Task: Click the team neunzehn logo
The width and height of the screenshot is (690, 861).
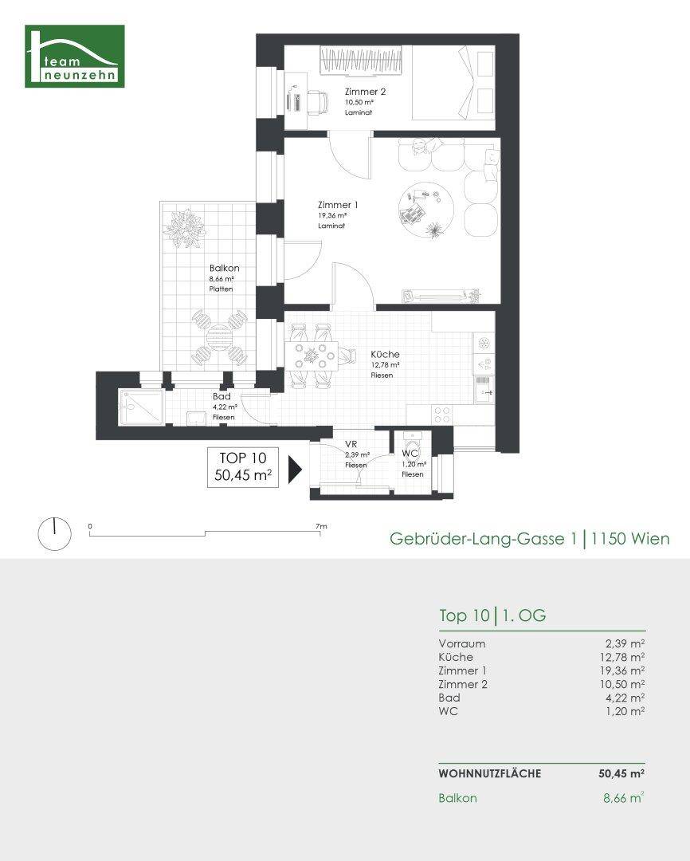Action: (75, 56)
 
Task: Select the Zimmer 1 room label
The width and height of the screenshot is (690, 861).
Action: (337, 205)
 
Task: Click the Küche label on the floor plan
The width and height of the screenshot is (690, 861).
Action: (385, 354)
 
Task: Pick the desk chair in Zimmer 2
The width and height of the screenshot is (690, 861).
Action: (316, 100)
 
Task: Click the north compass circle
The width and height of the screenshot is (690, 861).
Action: (54, 532)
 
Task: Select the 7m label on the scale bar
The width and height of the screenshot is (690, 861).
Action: (321, 526)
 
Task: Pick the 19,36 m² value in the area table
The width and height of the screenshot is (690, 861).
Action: (624, 670)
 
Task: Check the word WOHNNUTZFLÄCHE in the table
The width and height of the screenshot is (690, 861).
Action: (489, 773)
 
